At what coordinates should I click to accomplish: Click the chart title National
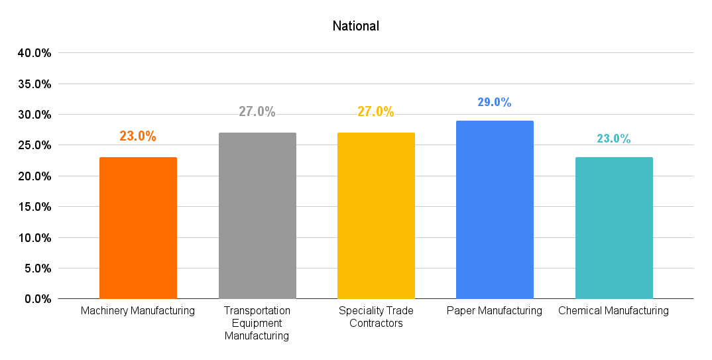pyautogui.click(x=355, y=27)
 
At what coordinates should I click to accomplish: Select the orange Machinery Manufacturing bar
pyautogui.click(x=138, y=227)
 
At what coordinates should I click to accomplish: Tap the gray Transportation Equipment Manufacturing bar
pyautogui.click(x=257, y=215)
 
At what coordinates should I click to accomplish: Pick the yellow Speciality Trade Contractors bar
pyautogui.click(x=376, y=215)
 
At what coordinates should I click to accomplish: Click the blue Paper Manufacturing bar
pyautogui.click(x=495, y=210)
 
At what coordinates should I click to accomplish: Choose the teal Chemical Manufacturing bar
pyautogui.click(x=614, y=227)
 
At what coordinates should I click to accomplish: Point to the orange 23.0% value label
pyautogui.click(x=138, y=137)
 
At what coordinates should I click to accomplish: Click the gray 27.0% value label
pyautogui.click(x=257, y=112)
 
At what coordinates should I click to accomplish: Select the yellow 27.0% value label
pyautogui.click(x=376, y=112)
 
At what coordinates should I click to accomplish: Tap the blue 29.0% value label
pyautogui.click(x=495, y=103)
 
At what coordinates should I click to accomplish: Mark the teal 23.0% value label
pyautogui.click(x=614, y=139)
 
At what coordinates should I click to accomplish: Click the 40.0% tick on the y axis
pyautogui.click(x=35, y=53)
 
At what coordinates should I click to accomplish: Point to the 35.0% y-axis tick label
pyautogui.click(x=35, y=84)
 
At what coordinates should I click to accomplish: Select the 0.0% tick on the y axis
pyautogui.click(x=38, y=299)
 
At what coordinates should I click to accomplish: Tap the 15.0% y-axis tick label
pyautogui.click(x=35, y=207)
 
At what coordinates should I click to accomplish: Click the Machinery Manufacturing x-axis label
pyautogui.click(x=138, y=311)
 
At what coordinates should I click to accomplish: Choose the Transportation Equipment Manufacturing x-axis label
pyautogui.click(x=257, y=323)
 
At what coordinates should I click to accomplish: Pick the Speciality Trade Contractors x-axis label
pyautogui.click(x=376, y=317)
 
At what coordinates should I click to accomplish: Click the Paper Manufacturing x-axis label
pyautogui.click(x=495, y=311)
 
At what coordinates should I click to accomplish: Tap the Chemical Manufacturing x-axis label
pyautogui.click(x=614, y=311)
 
